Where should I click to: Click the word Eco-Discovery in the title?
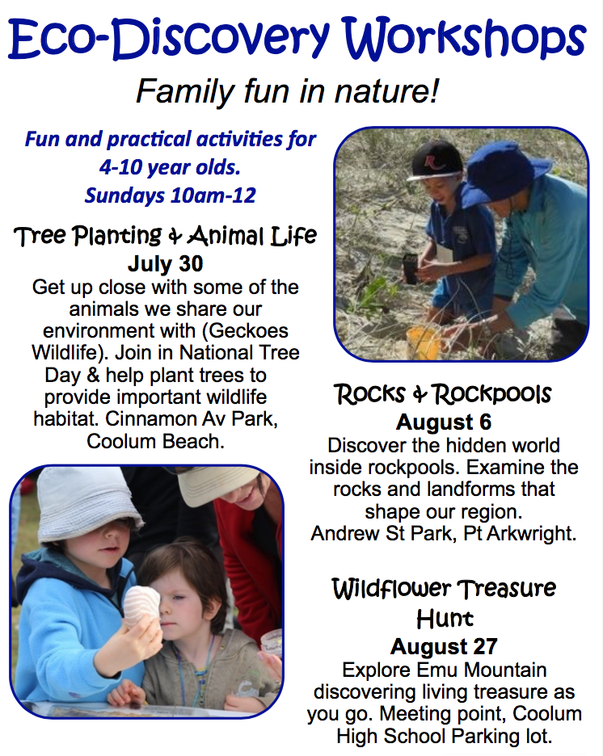tap(169, 39)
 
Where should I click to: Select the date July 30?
tap(166, 264)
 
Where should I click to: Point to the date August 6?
tap(444, 422)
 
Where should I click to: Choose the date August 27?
tap(444, 646)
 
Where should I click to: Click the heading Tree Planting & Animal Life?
tap(166, 236)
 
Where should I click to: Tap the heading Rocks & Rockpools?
tap(443, 394)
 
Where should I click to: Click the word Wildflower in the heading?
tap(391, 588)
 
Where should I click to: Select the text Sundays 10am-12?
tap(171, 195)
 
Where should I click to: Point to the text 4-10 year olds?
tap(170, 167)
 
